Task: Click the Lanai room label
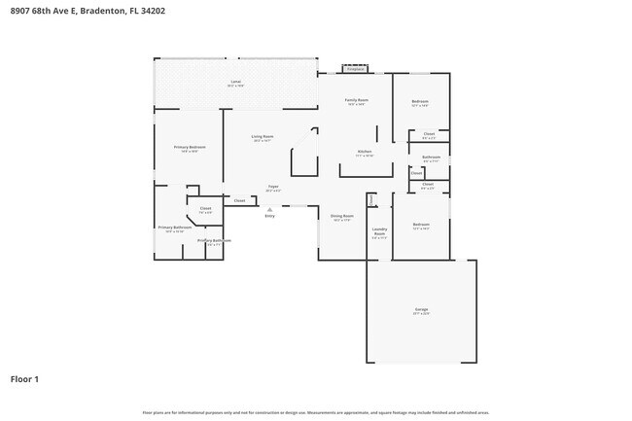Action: tap(235, 81)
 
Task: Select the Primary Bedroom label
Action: tap(190, 147)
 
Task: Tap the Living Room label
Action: tap(263, 137)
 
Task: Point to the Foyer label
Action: tap(273, 187)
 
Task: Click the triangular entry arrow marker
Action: tap(269, 207)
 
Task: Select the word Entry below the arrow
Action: tap(269, 216)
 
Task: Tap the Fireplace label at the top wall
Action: tap(355, 69)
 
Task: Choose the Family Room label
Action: tap(356, 100)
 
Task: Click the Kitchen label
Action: tap(365, 152)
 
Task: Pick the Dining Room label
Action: tap(342, 216)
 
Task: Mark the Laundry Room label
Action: tap(379, 231)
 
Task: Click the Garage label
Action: tap(421, 309)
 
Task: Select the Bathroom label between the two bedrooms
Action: tap(431, 157)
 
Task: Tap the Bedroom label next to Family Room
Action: tap(420, 101)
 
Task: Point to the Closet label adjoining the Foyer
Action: tap(239, 200)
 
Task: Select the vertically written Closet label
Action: tap(416, 173)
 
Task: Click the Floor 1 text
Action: tap(24, 378)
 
